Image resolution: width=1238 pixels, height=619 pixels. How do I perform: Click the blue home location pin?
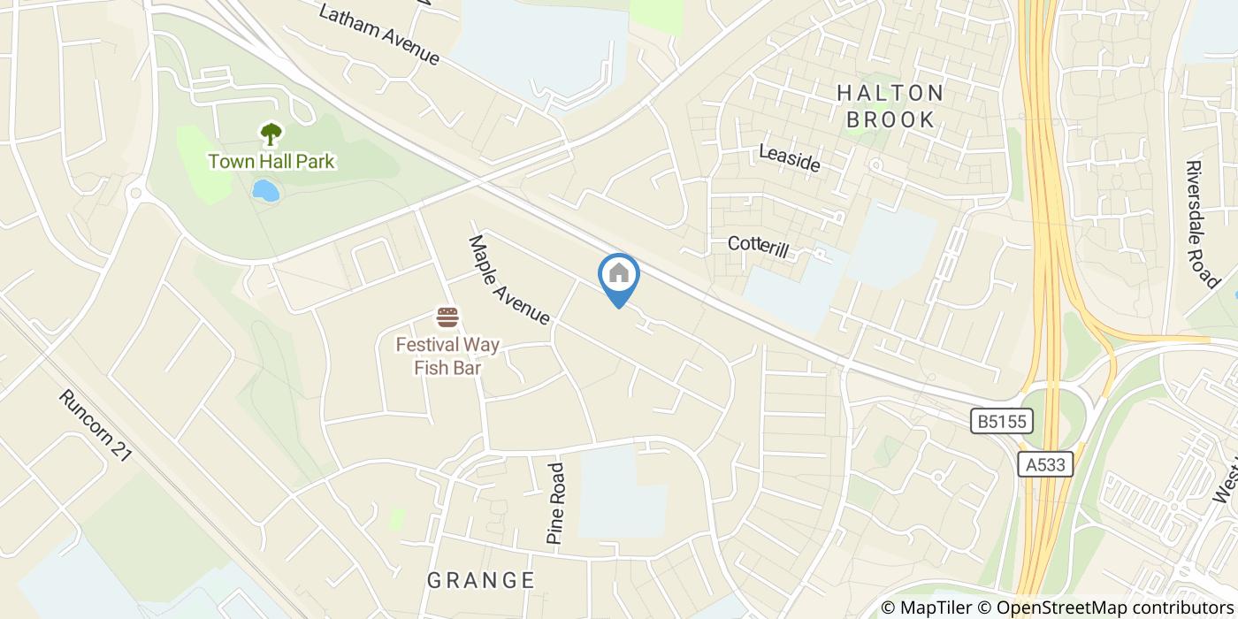[x=619, y=276]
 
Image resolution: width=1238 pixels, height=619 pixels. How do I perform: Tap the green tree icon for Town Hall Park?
[x=271, y=134]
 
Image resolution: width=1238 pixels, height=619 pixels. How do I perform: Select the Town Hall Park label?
[x=271, y=162]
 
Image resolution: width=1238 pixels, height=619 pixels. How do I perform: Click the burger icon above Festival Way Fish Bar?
[x=447, y=317]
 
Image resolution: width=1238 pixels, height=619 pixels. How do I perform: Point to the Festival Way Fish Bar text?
[x=447, y=355]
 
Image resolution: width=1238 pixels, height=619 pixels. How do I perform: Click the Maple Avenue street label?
[x=509, y=279]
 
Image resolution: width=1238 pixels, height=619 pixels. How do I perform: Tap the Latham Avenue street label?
[x=379, y=35]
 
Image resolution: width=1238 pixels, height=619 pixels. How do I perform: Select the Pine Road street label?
[x=555, y=503]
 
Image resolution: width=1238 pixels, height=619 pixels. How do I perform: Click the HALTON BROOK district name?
[x=890, y=106]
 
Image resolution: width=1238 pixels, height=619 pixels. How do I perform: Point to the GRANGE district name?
[x=481, y=581]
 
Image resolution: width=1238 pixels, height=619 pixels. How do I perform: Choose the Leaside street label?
[x=790, y=158]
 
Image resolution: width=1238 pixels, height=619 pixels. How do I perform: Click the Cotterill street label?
[x=758, y=247]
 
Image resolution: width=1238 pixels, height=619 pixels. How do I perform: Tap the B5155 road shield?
[x=1002, y=421]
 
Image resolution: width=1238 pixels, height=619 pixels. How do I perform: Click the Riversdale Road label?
[x=1202, y=224]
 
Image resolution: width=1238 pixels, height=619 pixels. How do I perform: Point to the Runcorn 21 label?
[x=96, y=425]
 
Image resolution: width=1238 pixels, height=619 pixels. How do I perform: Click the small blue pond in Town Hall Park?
[x=265, y=190]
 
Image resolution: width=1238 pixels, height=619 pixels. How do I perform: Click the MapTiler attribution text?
[x=928, y=608]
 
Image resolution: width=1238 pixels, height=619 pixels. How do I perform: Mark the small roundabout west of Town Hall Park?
[x=135, y=192]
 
